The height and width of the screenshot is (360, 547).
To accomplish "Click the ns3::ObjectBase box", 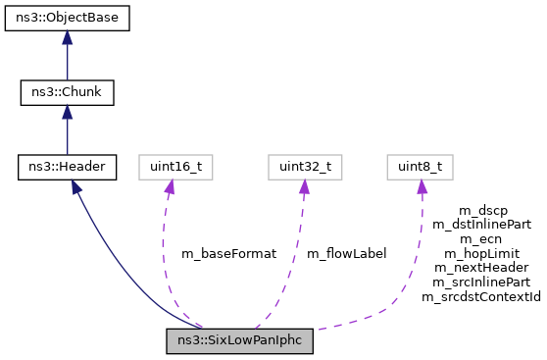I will pos(67,19).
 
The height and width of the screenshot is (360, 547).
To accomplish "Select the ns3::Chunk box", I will pos(67,93).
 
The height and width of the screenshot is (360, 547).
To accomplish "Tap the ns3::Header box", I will pos(67,168).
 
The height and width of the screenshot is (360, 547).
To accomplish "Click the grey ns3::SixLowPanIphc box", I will pos(239,340).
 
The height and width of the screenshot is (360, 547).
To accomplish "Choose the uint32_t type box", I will pos(302,168).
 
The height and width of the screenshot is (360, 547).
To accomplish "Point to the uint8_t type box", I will pos(421,168).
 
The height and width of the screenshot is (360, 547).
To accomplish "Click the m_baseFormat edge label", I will pos(228,253).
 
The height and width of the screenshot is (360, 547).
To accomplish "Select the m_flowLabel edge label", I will pos(346,253).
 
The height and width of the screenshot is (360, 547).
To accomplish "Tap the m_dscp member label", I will pos(481,211).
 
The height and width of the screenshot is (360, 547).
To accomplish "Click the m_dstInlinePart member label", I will pos(481,225).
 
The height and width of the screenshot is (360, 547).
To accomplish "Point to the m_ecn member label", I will pos(481,238).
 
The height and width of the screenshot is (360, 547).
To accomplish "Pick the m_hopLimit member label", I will pos(481,252).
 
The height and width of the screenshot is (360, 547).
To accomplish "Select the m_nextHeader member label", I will pos(481,267).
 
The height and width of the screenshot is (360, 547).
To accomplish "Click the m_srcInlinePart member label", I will pos(481,281).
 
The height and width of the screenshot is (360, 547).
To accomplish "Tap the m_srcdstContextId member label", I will pos(481,294).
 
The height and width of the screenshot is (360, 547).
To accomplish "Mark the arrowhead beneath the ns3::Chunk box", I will pos(67,114).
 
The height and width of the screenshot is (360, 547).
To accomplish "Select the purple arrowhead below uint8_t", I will pos(422,188).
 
